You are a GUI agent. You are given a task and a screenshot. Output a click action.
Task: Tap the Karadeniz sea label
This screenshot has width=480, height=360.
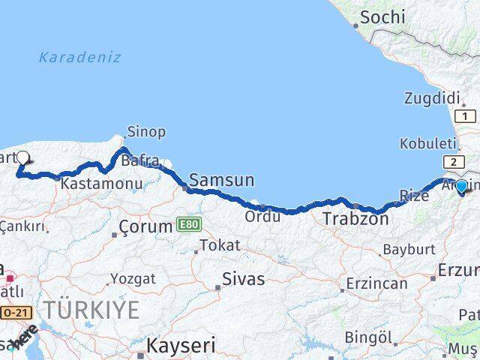[x=79, y=57]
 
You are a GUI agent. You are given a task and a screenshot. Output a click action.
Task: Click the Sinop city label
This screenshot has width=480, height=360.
[x=146, y=131]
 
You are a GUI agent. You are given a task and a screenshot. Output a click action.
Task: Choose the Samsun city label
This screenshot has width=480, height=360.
[x=221, y=180]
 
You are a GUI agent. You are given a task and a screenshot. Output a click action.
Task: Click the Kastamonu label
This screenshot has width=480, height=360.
[x=91, y=183]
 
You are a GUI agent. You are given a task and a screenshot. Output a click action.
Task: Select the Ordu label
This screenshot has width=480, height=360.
[x=262, y=216]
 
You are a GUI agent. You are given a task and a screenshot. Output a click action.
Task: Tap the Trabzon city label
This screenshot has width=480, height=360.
[x=355, y=220]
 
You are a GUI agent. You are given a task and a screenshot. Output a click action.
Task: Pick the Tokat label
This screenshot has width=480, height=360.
[x=221, y=244]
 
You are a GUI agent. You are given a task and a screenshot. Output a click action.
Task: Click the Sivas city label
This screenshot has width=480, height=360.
[x=244, y=279]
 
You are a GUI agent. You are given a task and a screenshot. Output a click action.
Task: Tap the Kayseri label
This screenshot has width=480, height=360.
[x=181, y=346]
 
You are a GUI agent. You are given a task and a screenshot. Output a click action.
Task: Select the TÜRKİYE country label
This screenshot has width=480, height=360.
[x=91, y=310]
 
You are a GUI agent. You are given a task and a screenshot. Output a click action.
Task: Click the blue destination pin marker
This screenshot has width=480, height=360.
[x=462, y=187]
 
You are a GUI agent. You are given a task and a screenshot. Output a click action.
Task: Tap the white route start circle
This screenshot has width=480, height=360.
[x=23, y=157]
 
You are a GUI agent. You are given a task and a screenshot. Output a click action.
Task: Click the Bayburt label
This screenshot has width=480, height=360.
[x=409, y=248]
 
